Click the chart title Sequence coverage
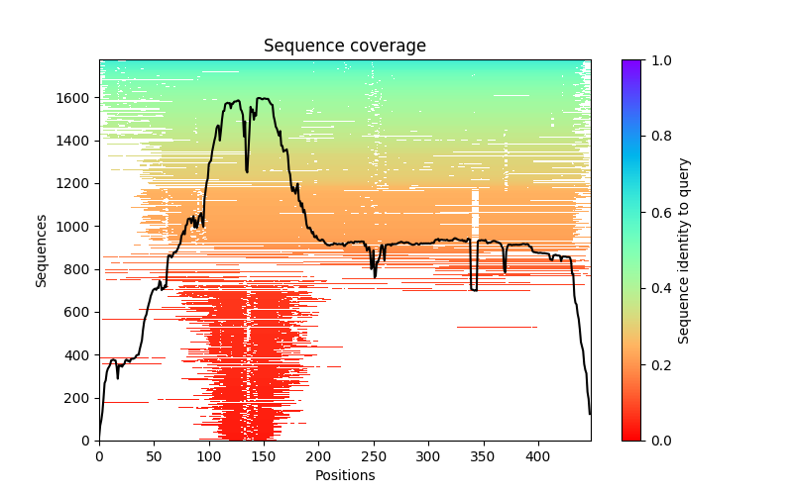[x=345, y=46]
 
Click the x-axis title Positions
[x=345, y=475]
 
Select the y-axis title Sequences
[x=42, y=249]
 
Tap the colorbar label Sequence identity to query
[x=684, y=249]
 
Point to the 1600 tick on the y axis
[x=79, y=98]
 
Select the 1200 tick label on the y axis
[x=79, y=184]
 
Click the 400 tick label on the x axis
[x=537, y=456]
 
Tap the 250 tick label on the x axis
[x=373, y=456]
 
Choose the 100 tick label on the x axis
[x=208, y=456]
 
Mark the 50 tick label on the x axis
[x=154, y=456]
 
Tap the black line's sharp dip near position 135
[x=247, y=170]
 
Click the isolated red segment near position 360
[x=497, y=327]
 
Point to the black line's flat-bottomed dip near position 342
[x=474, y=289]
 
